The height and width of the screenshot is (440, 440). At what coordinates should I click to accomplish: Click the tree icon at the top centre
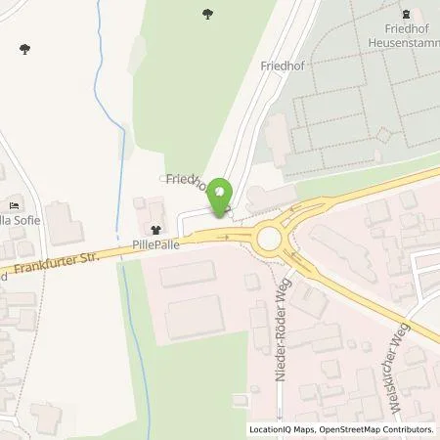click(x=207, y=14)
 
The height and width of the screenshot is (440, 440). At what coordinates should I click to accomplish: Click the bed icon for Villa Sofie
click(x=13, y=204)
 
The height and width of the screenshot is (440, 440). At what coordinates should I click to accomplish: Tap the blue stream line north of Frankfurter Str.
click(x=120, y=176)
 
